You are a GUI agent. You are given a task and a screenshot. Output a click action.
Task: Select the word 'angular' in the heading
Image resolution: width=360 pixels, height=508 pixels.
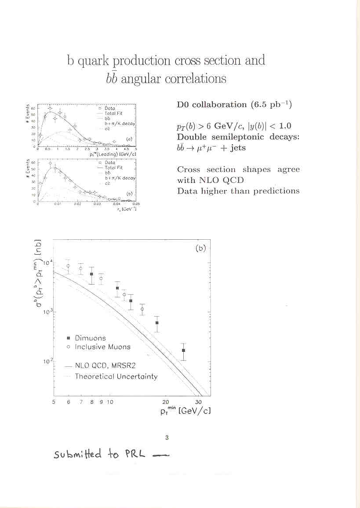pyautogui.click(x=140, y=79)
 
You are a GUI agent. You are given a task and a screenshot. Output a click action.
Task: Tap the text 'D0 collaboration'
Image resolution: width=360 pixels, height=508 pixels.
pyautogui.click(x=211, y=105)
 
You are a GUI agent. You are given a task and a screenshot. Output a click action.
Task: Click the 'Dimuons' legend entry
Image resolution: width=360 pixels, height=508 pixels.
pyautogui.click(x=90, y=338)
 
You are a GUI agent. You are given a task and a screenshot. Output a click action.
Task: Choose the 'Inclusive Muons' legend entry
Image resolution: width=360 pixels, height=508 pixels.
pyautogui.click(x=102, y=347)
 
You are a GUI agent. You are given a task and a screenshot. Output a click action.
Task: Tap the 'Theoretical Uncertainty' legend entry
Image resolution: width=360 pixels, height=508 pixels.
pyautogui.click(x=116, y=376)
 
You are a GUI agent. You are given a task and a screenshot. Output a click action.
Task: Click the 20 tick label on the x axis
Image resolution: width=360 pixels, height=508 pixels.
pyautogui.click(x=166, y=402)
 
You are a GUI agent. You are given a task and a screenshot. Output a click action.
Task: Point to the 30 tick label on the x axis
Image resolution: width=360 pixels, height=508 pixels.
pyautogui.click(x=199, y=402)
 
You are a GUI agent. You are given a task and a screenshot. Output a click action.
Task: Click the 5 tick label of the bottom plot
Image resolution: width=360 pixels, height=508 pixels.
pyautogui.click(x=54, y=402)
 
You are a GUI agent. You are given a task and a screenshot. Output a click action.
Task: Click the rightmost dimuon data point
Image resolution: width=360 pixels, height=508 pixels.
pyautogui.click(x=184, y=350)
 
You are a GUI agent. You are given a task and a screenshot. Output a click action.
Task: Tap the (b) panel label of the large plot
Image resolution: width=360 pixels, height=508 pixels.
pyautogui.click(x=200, y=248)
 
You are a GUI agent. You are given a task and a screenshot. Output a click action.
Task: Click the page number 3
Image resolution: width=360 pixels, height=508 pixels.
pyautogui.click(x=167, y=438)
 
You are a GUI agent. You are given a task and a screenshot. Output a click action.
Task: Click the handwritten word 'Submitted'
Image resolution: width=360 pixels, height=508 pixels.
pyautogui.click(x=77, y=454)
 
